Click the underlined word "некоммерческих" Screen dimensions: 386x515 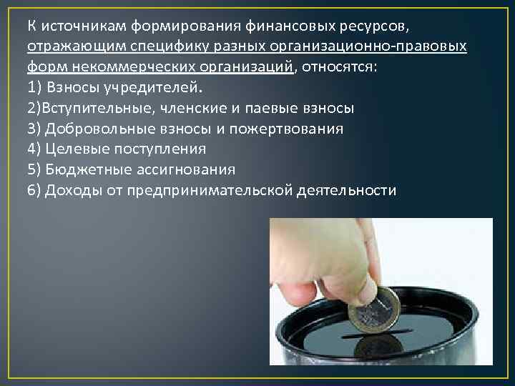(114, 68)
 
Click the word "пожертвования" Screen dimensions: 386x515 (288, 129)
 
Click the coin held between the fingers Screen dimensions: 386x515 (371, 311)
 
